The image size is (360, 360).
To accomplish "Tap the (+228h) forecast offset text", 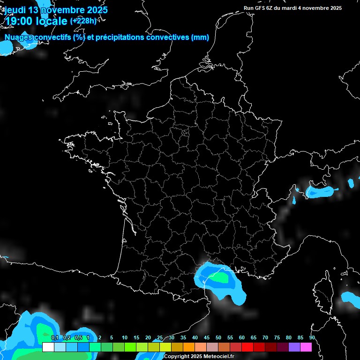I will pyautogui.click(x=83, y=21).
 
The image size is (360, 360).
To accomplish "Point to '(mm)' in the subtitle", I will pyautogui.click(x=200, y=37).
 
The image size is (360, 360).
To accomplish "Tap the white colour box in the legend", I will pyautogui.click(x=48, y=347).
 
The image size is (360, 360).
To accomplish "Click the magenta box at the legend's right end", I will pyautogui.click(x=306, y=347).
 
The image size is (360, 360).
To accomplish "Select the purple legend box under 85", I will pyautogui.click(x=294, y=347).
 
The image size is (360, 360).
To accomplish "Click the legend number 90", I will pyautogui.click(x=312, y=338).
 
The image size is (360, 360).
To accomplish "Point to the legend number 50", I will pyautogui.click(x=218, y=338).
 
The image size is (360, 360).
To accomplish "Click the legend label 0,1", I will pyautogui.click(x=55, y=338).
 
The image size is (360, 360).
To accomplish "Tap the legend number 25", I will pyautogui.click(x=160, y=338).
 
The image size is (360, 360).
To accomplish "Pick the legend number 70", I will pyautogui.click(x=265, y=338).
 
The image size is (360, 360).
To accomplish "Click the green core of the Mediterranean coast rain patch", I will pyautogui.click(x=218, y=277).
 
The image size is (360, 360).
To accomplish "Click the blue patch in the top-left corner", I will pyautogui.click(x=7, y=47).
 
